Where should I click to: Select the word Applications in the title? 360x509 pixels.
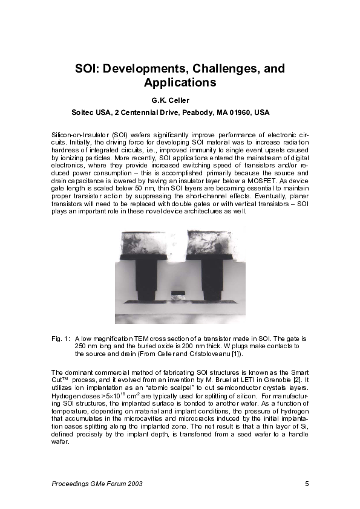tap(180, 82)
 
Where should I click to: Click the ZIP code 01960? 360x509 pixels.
tap(241, 113)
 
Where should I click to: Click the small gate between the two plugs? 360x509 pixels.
tap(177, 293)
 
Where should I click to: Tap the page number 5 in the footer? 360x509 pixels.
tap(307, 484)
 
